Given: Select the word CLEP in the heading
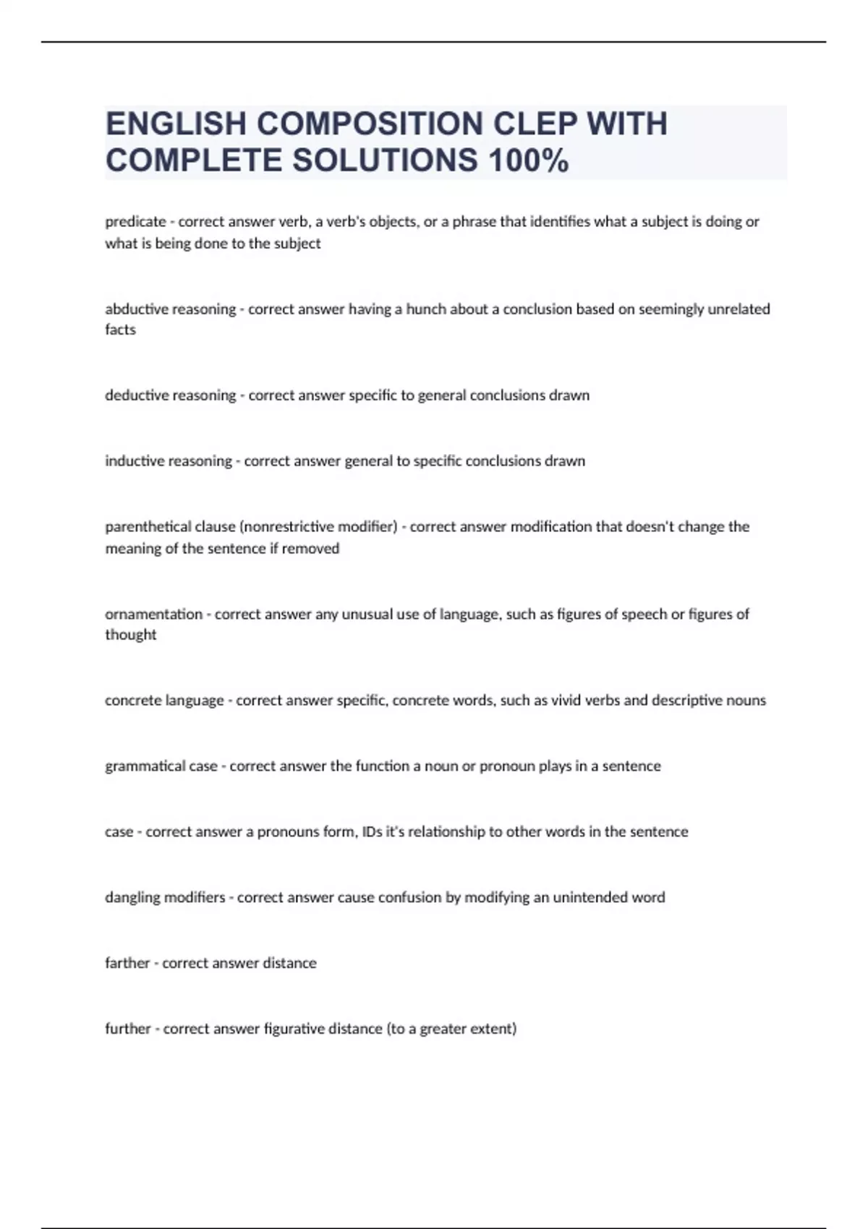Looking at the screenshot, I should pyautogui.click(x=535, y=124).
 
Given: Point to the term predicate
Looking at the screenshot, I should pyautogui.click(x=135, y=222).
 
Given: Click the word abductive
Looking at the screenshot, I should pyautogui.click(x=135, y=309).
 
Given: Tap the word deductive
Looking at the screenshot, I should pyautogui.click(x=135, y=395).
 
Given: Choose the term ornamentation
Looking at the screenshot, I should pyautogui.click(x=153, y=614).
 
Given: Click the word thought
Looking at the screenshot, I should pyautogui.click(x=130, y=635).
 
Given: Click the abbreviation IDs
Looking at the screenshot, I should pyautogui.click(x=372, y=832).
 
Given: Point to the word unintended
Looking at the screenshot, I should pyautogui.click(x=590, y=898).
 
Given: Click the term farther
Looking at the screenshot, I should pyautogui.click(x=127, y=964).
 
